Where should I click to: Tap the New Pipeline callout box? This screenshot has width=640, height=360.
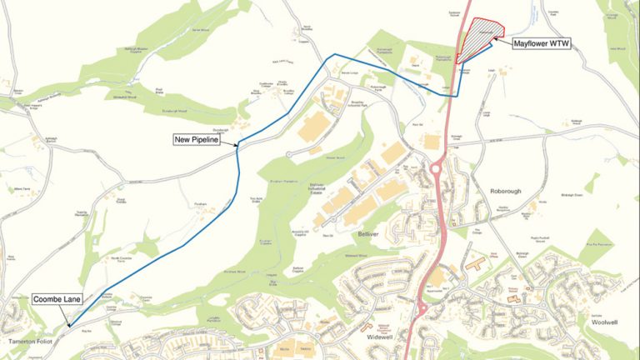[x=196, y=140]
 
